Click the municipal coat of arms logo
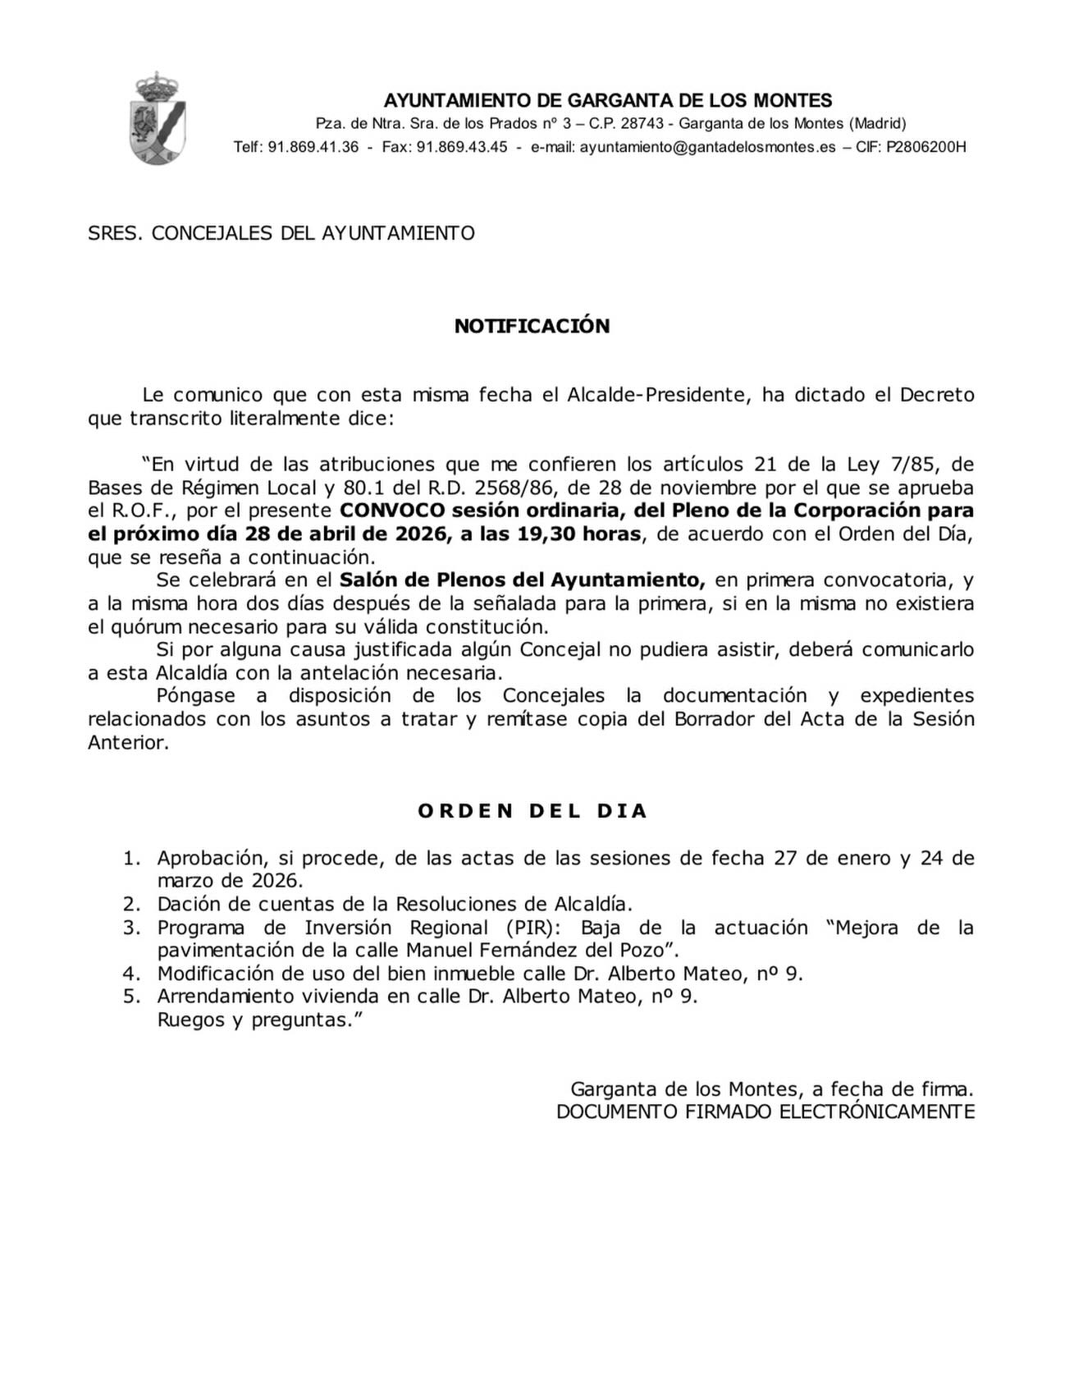tap(158, 118)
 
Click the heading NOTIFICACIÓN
tap(532, 326)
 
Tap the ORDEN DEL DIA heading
tap(532, 811)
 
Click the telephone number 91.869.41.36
tap(313, 147)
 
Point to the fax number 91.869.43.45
tap(462, 147)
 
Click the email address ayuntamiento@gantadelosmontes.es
tap(708, 147)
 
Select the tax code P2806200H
tap(926, 147)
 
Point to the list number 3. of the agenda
tap(132, 928)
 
